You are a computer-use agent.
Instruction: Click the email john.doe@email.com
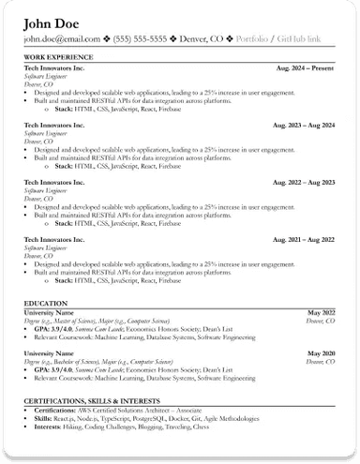(61, 39)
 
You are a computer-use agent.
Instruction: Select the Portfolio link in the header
(251, 39)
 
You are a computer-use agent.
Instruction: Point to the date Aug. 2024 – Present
(306, 69)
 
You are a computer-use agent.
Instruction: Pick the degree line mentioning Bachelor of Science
(91, 361)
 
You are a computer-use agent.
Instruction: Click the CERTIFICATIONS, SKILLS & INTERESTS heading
(92, 400)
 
